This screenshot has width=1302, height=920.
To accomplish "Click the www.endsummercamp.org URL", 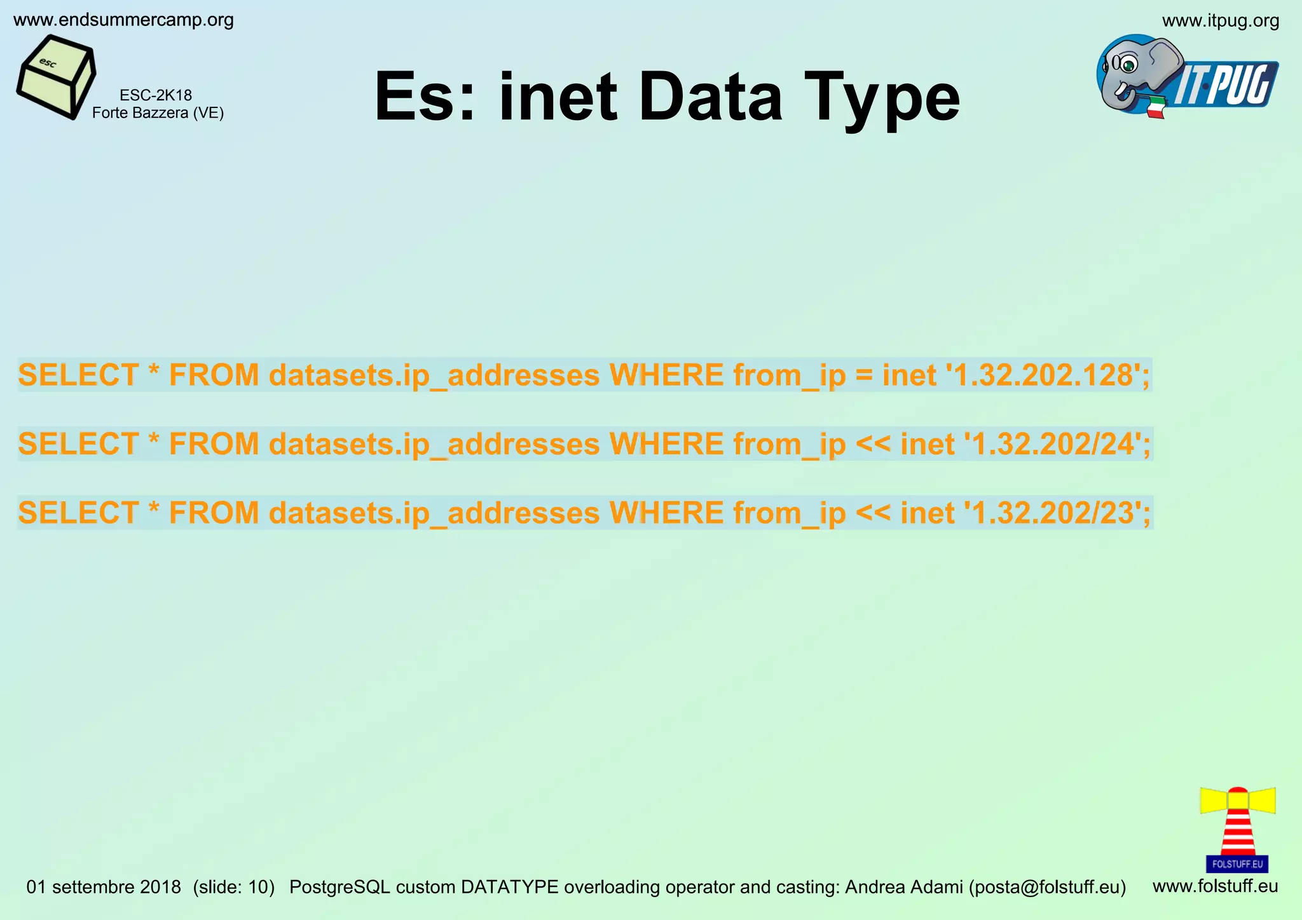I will point(123,20).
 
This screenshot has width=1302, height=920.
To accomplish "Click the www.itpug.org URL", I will point(1220,21).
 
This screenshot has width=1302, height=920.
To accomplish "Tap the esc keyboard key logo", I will point(56,77).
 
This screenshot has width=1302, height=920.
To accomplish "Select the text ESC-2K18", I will point(156,95).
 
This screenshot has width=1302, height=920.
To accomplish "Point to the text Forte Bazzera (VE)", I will point(158,113).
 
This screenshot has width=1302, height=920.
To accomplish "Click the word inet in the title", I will point(558,97).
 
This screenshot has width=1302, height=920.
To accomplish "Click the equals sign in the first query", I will point(864,376).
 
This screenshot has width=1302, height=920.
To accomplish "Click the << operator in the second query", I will point(873,445).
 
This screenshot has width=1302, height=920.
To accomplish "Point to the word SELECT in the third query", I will point(78,513).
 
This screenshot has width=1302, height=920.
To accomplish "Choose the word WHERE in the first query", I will point(666,375).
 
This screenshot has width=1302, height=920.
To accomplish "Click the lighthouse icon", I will point(1237,829).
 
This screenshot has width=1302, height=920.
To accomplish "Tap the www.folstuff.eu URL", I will point(1215,886).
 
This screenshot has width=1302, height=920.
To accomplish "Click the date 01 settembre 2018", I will point(104,887).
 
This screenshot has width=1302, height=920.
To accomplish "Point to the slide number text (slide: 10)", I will point(233,887).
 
